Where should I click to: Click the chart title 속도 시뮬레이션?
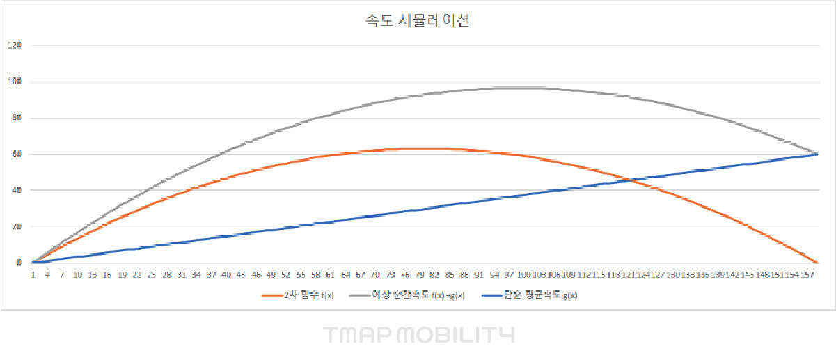pyautogui.click(x=418, y=22)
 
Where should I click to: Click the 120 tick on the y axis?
pyautogui.click(x=15, y=46)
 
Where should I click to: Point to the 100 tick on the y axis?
pyautogui.click(x=15, y=82)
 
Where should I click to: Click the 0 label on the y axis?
pyautogui.click(x=19, y=263)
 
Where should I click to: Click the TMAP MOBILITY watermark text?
pyautogui.click(x=418, y=335)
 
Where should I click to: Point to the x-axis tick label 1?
pyautogui.click(x=33, y=275)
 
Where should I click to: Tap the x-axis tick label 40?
pyautogui.click(x=226, y=275)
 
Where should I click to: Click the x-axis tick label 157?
pyautogui.click(x=805, y=275)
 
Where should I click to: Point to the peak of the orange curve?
pyautogui.click(x=426, y=149)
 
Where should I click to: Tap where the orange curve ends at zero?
pyautogui.click(x=817, y=263)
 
